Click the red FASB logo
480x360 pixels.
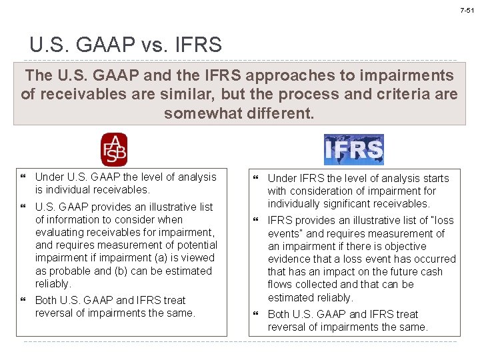[113, 150]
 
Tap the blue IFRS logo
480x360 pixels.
[353, 150]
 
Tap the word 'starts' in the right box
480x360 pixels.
[434, 178]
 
